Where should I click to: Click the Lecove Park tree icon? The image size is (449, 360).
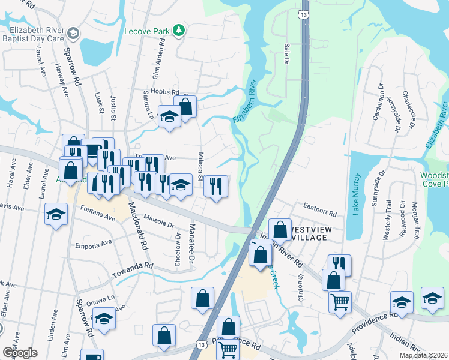178,30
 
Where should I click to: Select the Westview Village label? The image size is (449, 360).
309,233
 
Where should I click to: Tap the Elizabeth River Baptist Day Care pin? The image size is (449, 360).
73,32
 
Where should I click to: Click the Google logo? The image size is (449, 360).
20,352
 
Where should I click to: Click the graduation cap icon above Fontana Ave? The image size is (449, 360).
56,214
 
